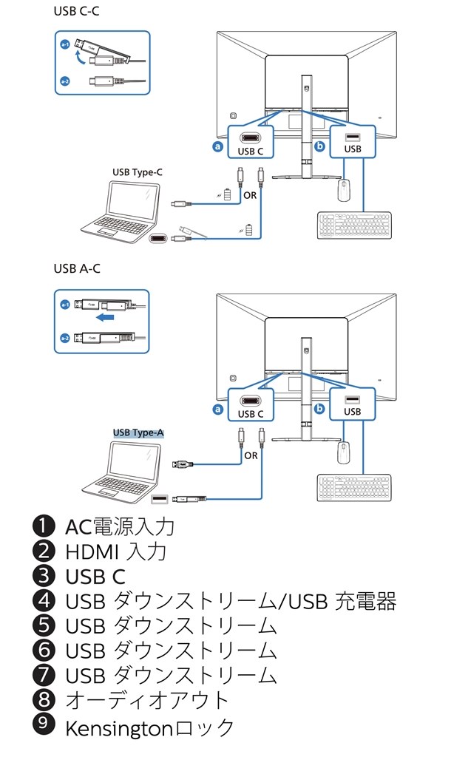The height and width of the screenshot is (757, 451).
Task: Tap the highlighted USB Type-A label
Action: (137, 432)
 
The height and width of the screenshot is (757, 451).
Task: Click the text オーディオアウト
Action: (148, 701)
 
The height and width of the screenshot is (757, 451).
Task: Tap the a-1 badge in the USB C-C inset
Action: (65, 44)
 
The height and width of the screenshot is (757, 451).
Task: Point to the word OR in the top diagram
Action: (251, 195)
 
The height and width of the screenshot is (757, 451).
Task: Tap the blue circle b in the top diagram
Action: (319, 146)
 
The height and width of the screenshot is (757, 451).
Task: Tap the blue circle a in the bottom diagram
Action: (217, 408)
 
